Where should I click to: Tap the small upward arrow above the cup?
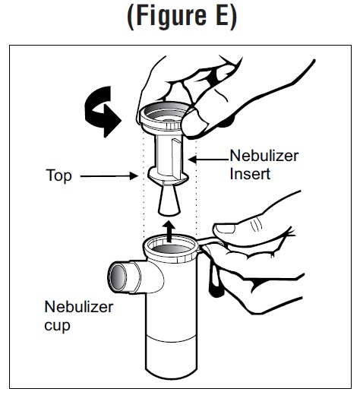pyautogui.click(x=169, y=232)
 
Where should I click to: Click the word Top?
pyautogui.click(x=58, y=175)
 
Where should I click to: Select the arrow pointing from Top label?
pyautogui.click(x=109, y=175)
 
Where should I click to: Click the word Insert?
pyautogui.click(x=250, y=174)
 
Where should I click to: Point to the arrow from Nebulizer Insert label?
pyautogui.click(x=208, y=160)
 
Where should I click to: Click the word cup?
pyautogui.click(x=57, y=326)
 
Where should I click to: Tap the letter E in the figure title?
pyautogui.click(x=223, y=16)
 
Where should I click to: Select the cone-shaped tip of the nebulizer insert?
pyautogui.click(x=169, y=201)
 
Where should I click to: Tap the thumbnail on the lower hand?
pyautogui.click(x=225, y=229)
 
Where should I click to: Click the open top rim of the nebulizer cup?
pyautogui.click(x=170, y=247)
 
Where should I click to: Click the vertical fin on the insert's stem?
pyautogui.click(x=176, y=158)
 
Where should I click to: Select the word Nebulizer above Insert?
pyautogui.click(x=264, y=156)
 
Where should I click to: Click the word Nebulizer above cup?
pyautogui.click(x=79, y=307)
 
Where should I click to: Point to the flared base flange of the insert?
pyautogui.click(x=169, y=175)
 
